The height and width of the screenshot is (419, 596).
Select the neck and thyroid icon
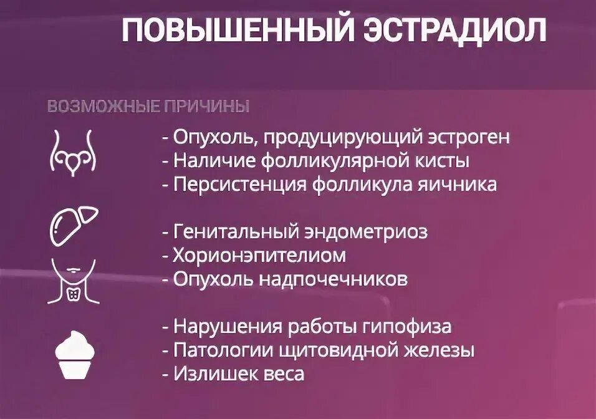point(74,281)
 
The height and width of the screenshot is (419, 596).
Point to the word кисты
point(443,161)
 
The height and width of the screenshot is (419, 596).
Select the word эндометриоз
point(365,232)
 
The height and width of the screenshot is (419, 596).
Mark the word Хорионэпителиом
point(259,256)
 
